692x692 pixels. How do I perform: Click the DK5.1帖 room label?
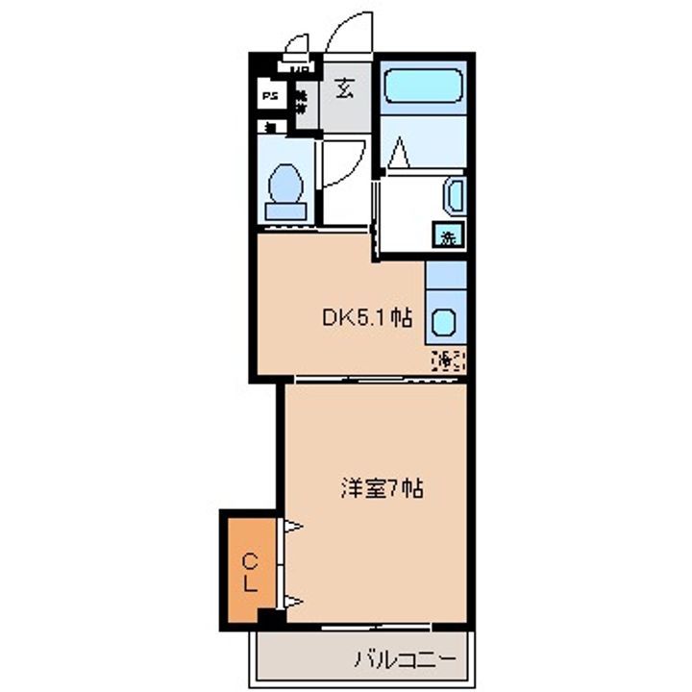point(366,318)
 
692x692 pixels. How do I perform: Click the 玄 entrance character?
point(343,90)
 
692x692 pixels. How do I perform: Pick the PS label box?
point(271,96)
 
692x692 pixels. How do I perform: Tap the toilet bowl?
point(285,183)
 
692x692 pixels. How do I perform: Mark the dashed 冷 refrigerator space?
point(448,360)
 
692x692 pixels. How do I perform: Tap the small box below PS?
point(271,126)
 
